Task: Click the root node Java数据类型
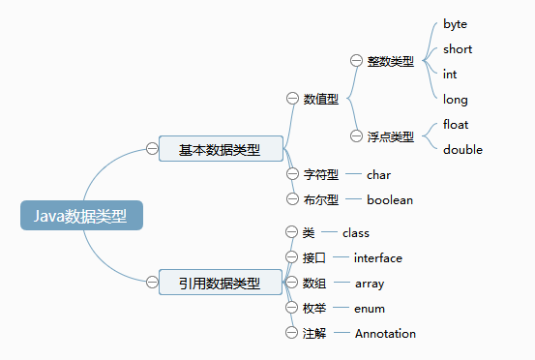81,215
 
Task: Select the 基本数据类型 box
220,149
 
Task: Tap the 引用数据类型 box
220,283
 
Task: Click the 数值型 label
320,99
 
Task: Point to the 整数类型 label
390,61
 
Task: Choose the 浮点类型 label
390,136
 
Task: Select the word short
458,48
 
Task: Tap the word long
456,99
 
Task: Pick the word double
462,149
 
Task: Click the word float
456,124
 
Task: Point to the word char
378,175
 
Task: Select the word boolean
389,199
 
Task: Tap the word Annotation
385,333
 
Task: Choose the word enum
370,308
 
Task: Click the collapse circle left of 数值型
293,99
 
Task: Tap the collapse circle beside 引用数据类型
152,283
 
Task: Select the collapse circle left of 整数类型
356,61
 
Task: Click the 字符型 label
320,175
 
